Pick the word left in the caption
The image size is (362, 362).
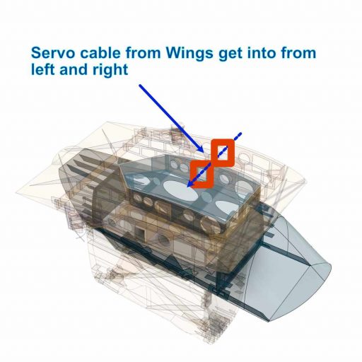coord(43,69)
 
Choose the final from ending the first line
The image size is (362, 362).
coord(298,52)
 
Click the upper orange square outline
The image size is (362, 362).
coord(223,141)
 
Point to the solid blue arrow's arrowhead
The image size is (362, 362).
coord(201,149)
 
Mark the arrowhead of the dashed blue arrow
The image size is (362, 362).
coord(190,185)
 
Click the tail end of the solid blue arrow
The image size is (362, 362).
coord(139,85)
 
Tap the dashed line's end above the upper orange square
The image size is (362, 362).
coord(240,134)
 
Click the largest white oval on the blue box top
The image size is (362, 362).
coord(180,192)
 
